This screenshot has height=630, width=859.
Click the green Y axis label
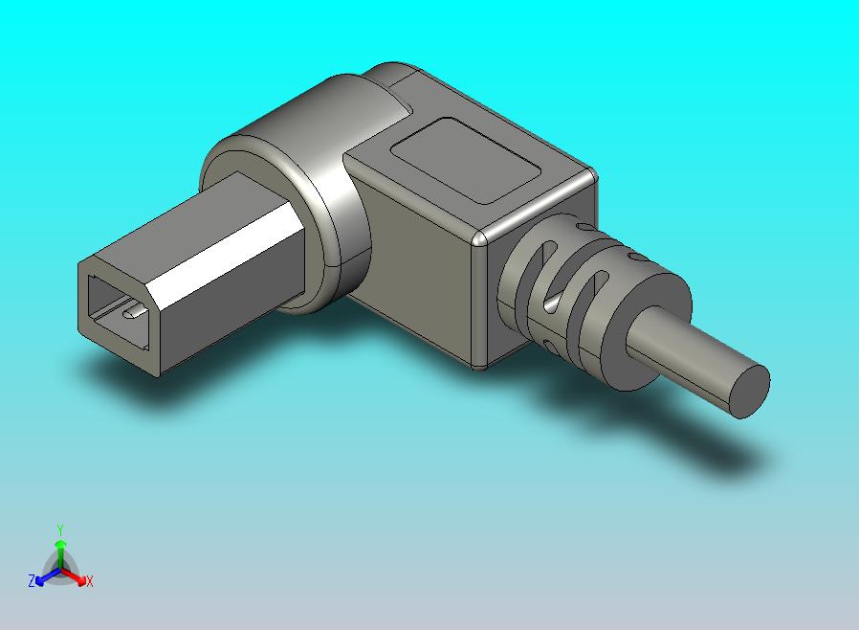[60, 529]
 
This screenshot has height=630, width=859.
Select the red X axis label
[89, 581]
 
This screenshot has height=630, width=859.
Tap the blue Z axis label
[32, 581]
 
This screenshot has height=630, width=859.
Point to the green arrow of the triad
[60, 551]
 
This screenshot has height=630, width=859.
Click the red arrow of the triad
[77, 576]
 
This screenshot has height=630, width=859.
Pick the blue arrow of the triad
[44, 576]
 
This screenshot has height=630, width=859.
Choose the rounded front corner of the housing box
[482, 238]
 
